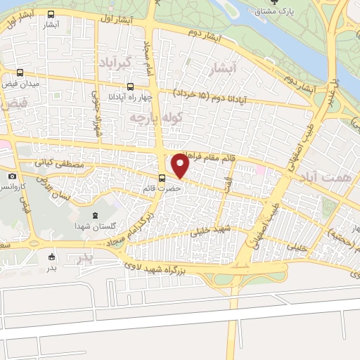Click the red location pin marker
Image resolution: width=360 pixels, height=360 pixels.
[x=181, y=167]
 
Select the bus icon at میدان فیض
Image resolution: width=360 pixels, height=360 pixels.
[x=20, y=72]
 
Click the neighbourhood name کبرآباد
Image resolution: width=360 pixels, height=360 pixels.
[x=116, y=63]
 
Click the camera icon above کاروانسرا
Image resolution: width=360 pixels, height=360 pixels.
[x=12, y=176]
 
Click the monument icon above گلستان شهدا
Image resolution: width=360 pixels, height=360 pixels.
[x=96, y=215]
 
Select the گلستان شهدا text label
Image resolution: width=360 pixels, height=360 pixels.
[x=98, y=226]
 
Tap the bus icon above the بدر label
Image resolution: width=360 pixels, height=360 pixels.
[x=51, y=257]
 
